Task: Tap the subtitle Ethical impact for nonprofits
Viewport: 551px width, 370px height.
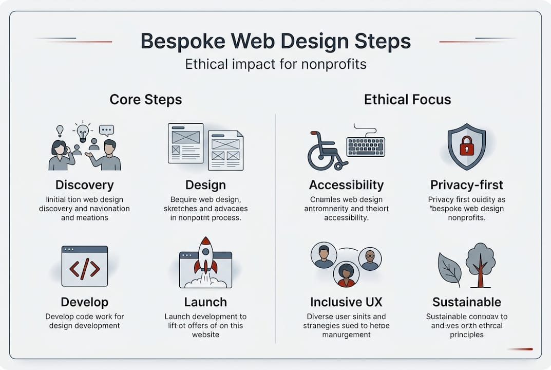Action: click(x=275, y=65)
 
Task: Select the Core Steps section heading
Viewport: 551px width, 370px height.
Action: click(x=145, y=99)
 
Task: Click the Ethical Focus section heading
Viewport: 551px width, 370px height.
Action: click(x=407, y=99)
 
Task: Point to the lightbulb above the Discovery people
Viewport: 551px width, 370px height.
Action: click(x=83, y=132)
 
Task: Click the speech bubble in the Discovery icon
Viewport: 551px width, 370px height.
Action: click(x=106, y=129)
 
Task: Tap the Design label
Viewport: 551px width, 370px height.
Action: click(x=205, y=184)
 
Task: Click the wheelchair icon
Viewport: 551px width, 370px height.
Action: click(x=325, y=151)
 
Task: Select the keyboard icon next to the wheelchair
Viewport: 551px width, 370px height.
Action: click(x=365, y=146)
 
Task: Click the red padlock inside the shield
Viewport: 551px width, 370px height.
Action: click(x=467, y=146)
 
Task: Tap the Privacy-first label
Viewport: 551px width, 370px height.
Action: click(x=466, y=184)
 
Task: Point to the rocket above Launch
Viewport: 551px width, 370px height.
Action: click(x=205, y=255)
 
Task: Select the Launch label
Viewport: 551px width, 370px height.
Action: click(x=205, y=302)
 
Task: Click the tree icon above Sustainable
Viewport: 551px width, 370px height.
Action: click(x=480, y=263)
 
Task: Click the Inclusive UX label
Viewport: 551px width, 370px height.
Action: click(x=346, y=302)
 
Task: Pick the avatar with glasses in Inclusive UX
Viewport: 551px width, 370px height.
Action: click(x=370, y=258)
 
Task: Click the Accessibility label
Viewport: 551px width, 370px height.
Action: click(x=346, y=184)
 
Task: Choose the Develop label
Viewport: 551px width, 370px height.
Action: click(x=85, y=302)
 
